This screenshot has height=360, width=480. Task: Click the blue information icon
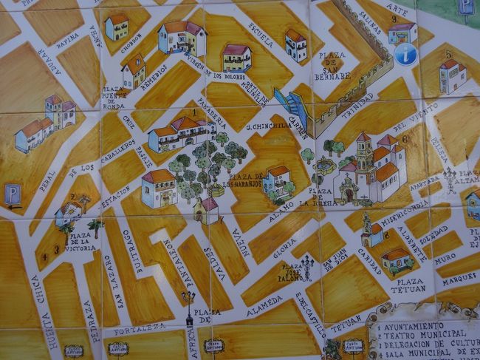[405, 53]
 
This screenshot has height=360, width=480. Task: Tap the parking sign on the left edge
[12, 195]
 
